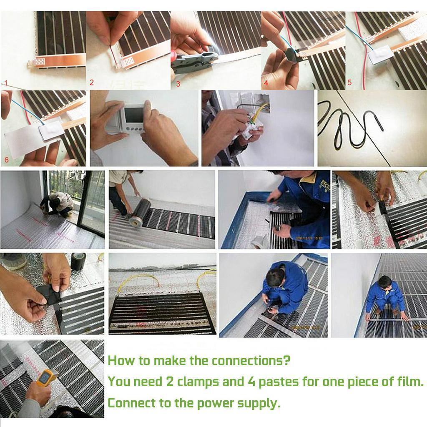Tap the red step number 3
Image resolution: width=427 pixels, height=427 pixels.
(x=178, y=84)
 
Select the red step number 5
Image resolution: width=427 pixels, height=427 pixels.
(x=349, y=83)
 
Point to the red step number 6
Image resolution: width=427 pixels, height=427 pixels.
(x=6, y=160)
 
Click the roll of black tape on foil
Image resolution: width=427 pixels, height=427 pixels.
(x=78, y=261)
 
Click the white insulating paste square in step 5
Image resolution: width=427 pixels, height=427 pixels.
(x=380, y=54)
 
